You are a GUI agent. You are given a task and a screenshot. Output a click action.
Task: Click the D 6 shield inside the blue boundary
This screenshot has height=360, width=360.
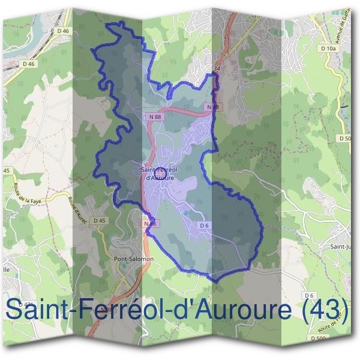[x=204, y=226]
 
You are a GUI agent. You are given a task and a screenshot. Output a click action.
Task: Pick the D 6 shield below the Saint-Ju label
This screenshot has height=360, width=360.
[x=310, y=295]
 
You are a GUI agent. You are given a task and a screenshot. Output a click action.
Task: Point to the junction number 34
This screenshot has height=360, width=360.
[x=217, y=69]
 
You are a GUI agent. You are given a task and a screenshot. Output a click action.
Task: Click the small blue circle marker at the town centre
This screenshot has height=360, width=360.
[x=160, y=172]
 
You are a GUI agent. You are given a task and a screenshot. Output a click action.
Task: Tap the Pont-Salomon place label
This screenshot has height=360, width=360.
[x=134, y=259]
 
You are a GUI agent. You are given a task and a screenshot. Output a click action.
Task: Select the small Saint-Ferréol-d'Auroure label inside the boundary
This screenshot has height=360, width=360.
[x=158, y=173]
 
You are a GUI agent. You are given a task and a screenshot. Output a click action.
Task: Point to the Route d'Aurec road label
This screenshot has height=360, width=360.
[x=76, y=209]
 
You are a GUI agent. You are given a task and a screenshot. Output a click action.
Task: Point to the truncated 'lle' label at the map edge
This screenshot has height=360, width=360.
[x=7, y=270]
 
